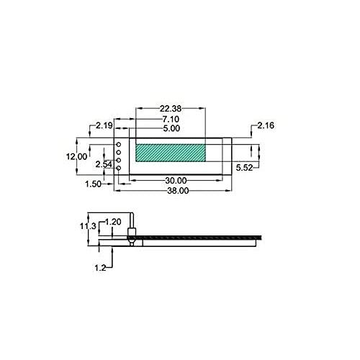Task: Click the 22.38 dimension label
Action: (x=171, y=109)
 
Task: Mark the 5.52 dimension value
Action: (x=246, y=168)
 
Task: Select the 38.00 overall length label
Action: (x=178, y=191)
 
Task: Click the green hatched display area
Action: (x=170, y=152)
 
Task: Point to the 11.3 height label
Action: (x=88, y=226)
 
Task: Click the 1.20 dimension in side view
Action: (x=113, y=221)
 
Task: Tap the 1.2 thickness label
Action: (x=100, y=267)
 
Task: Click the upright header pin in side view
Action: (x=132, y=225)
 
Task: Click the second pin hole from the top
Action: (x=120, y=153)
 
